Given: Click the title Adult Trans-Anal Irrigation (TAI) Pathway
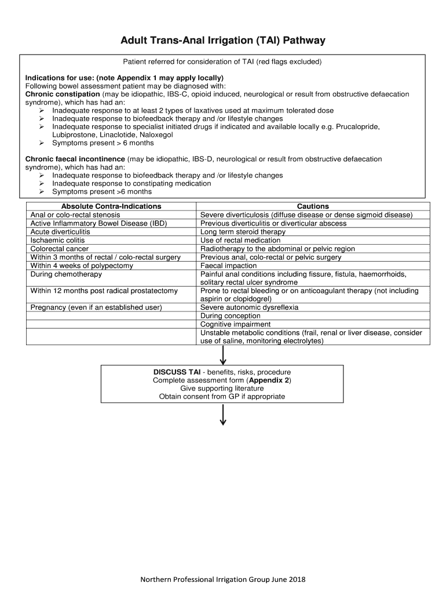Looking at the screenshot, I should point(222,41).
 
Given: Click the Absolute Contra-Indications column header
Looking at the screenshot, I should point(111,206).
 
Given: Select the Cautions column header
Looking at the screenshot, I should point(313,206).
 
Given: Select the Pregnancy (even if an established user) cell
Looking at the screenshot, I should point(96,307).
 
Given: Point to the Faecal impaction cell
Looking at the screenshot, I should point(228,266).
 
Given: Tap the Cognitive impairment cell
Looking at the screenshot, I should point(235,324).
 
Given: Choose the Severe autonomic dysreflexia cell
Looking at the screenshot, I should point(249,307).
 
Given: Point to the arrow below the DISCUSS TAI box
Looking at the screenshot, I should point(222,415).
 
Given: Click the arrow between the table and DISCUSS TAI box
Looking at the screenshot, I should point(222,354).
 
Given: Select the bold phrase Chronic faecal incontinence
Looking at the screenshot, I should point(75,159).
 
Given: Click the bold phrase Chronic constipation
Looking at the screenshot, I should point(63,94).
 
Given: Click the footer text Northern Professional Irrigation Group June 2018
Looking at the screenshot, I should point(223,579).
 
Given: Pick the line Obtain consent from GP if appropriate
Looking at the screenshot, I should point(222,397).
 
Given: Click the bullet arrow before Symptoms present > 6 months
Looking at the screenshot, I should point(42,143).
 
